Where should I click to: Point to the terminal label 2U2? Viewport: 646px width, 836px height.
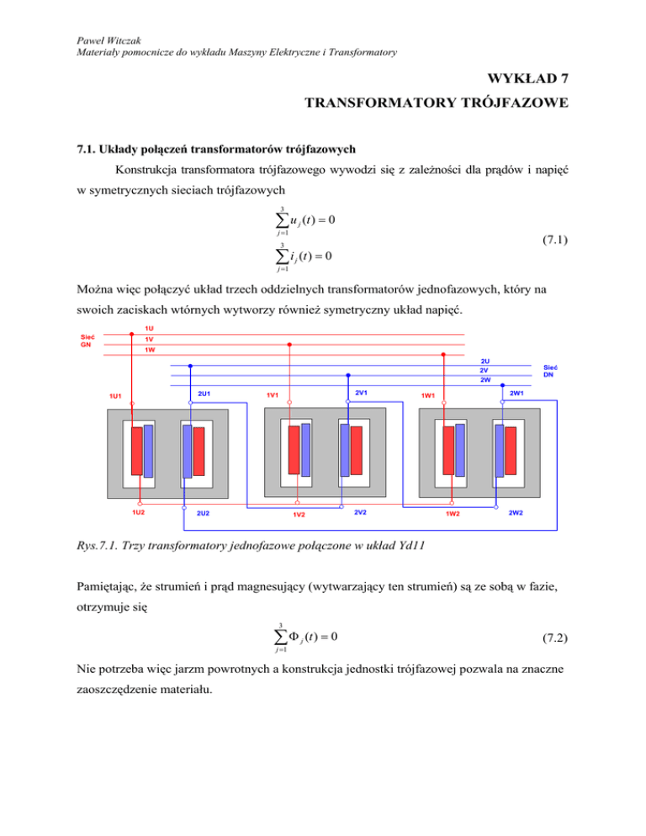point(203,513)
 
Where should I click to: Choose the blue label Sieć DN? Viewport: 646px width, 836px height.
point(550,371)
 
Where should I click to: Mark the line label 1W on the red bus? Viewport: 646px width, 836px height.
point(149,350)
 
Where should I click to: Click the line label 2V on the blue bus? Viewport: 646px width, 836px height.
point(484,370)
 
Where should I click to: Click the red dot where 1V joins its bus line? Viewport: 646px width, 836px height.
point(289,344)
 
